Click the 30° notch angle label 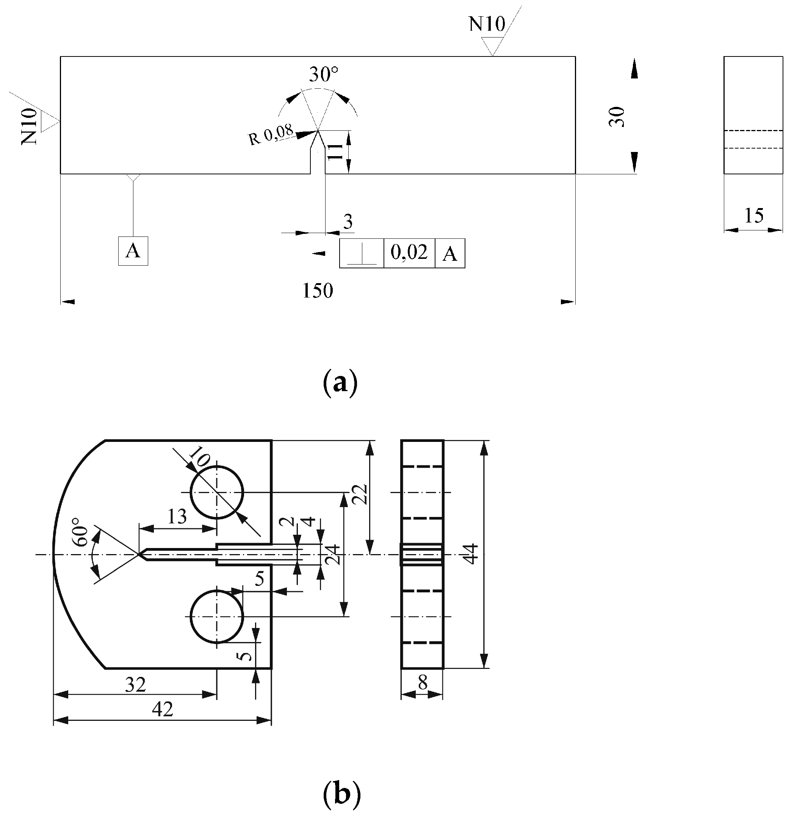(323, 75)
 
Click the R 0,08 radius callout (271, 135)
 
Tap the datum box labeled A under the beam (133, 251)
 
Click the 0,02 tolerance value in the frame (409, 253)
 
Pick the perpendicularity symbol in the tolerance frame (362, 254)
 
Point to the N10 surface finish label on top (486, 24)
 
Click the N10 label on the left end (29, 126)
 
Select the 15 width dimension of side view (753, 216)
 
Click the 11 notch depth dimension (335, 151)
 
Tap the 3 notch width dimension (348, 221)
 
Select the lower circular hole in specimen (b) (217, 616)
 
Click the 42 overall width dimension (162, 709)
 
